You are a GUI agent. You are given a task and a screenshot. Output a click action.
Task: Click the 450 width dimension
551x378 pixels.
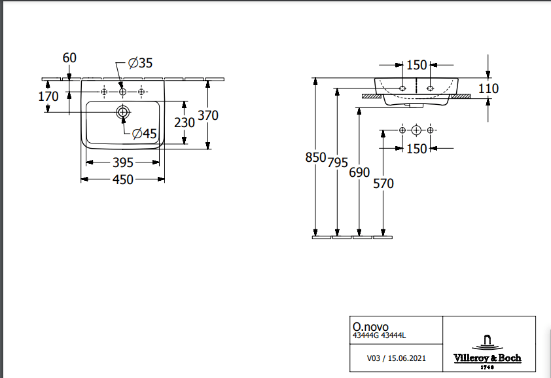pos(123,180)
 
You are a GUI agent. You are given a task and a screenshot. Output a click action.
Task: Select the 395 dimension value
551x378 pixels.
pos(123,162)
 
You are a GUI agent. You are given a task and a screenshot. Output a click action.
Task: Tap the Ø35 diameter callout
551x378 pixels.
pos(140,63)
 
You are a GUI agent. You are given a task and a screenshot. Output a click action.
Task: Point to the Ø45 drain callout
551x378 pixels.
pos(144,134)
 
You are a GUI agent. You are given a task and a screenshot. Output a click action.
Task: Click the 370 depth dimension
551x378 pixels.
pos(207,115)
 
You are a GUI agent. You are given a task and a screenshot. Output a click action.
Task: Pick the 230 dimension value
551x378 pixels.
pos(185,122)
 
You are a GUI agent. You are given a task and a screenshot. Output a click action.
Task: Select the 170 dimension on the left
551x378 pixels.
pos(48,96)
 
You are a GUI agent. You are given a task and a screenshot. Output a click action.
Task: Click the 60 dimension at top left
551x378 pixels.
pos(69,58)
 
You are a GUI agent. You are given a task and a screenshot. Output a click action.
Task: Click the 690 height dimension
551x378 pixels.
pos(359,173)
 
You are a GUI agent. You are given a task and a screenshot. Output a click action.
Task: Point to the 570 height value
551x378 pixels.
pos(383,184)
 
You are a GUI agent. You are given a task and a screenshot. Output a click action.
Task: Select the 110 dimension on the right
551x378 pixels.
pos(488,88)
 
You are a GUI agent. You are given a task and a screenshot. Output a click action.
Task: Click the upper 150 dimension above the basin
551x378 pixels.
pos(416,65)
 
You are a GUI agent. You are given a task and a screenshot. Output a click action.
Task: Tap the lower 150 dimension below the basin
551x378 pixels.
pos(416,149)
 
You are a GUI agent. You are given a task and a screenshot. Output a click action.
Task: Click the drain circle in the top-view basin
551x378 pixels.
pos(122,112)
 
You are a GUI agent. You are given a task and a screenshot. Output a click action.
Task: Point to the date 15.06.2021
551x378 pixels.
pos(407,358)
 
